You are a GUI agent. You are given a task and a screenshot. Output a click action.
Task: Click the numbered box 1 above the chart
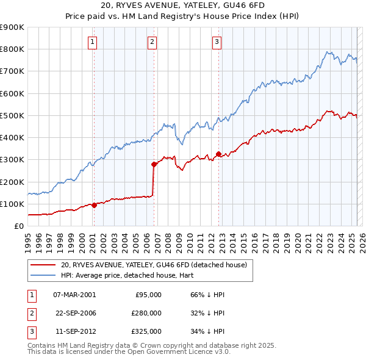point(92,42)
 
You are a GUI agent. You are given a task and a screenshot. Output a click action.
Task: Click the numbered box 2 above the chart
point(152,42)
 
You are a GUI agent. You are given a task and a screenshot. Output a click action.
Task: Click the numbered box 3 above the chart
point(217,42)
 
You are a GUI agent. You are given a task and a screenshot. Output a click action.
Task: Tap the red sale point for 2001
point(94,205)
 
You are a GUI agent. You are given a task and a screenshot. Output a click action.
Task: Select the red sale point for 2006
point(154,164)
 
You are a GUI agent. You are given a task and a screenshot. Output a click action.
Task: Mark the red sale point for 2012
point(218,154)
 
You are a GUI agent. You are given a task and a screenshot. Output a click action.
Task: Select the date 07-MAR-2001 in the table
point(74,295)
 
